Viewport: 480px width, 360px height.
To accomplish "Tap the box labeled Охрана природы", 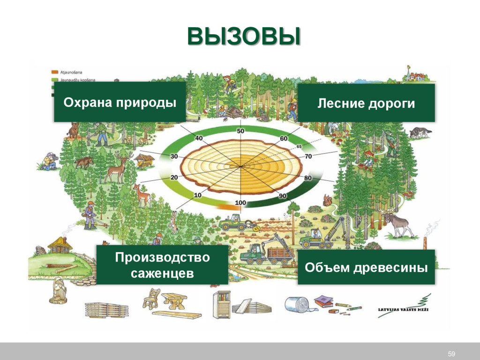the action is click(x=120, y=102).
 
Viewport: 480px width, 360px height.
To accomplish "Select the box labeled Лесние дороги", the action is click(x=366, y=103).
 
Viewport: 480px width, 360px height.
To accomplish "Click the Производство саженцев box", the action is click(x=162, y=265).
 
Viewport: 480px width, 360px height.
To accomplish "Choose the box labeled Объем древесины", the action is click(x=366, y=268).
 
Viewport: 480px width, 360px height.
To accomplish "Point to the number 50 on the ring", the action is click(x=240, y=131).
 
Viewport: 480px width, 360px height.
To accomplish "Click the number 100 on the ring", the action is click(x=240, y=202).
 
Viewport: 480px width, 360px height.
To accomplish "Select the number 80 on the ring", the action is click(x=307, y=178).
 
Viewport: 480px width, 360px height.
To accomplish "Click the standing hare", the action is click(x=174, y=222).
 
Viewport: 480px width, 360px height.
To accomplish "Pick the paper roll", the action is click(x=297, y=305).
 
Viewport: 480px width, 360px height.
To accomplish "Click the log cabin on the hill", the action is click(x=60, y=244).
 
